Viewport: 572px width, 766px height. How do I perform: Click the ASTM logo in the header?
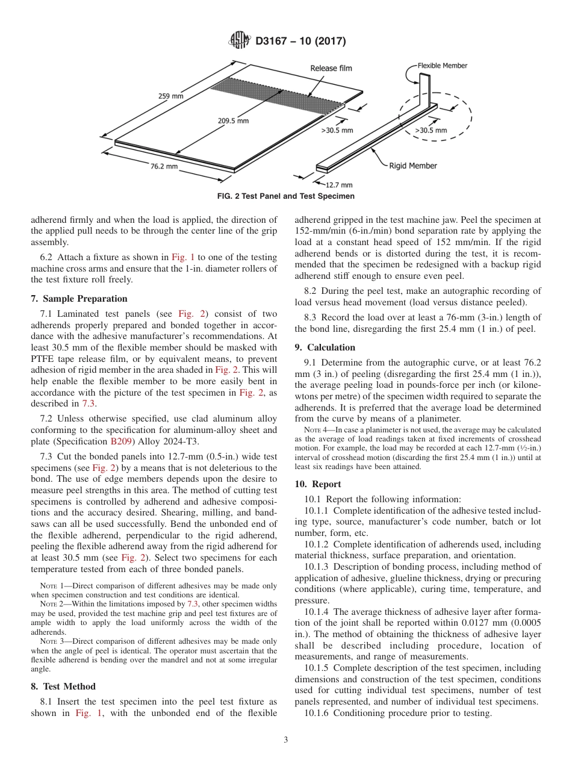[239, 41]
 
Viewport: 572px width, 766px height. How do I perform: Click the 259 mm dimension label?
[171, 95]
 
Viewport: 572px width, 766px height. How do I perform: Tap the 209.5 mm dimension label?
[233, 120]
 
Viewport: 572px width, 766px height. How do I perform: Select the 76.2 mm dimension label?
[164, 166]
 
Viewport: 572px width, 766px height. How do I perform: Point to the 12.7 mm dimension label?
[339, 185]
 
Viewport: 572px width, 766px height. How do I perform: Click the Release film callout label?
[331, 69]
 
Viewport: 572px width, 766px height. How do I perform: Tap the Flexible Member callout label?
[443, 66]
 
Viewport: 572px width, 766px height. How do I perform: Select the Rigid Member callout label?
[413, 166]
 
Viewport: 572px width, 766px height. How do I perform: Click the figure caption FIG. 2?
[285, 196]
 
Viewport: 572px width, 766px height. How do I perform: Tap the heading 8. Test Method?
[63, 687]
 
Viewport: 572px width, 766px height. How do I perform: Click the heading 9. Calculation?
[325, 347]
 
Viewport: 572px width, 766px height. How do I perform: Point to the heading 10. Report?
[318, 484]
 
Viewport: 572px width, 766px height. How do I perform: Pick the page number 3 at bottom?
[285, 740]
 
